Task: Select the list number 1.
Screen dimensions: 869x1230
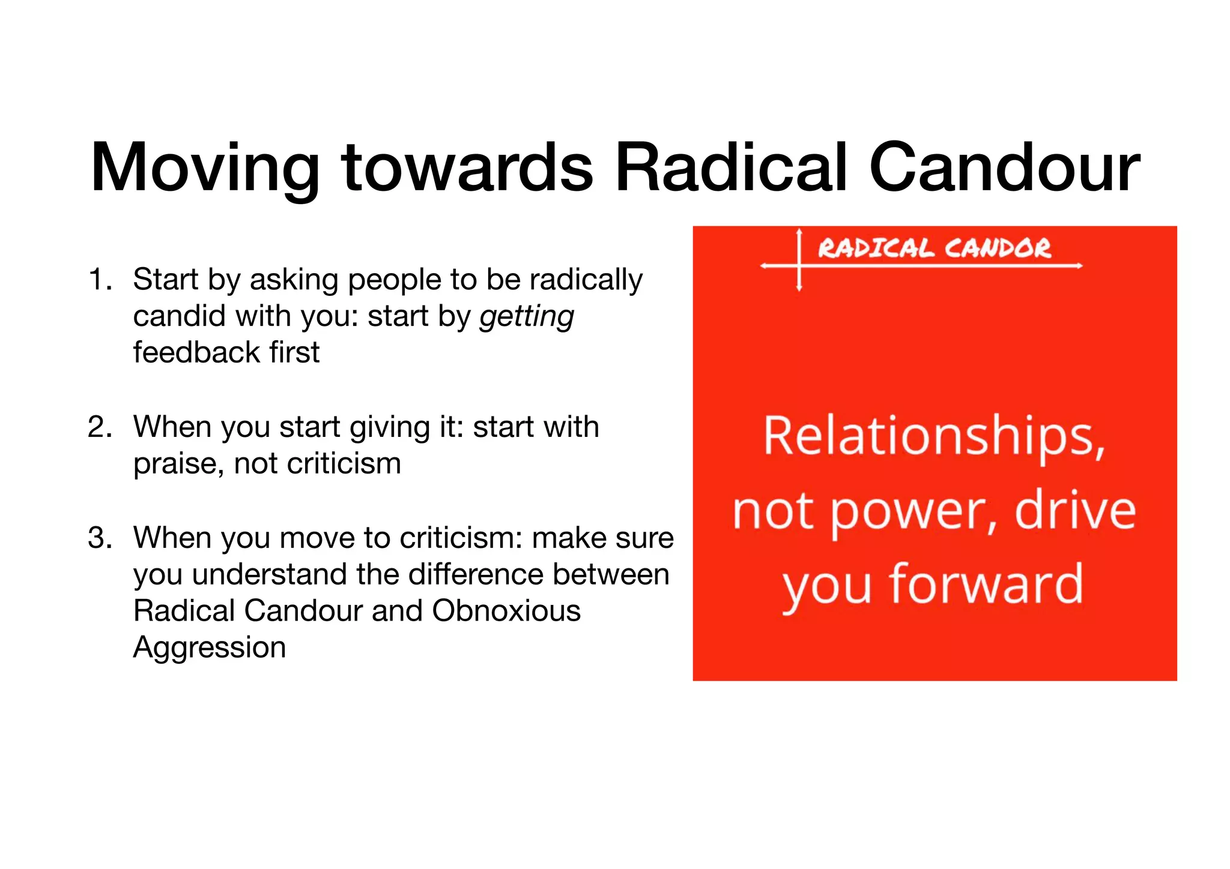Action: (99, 280)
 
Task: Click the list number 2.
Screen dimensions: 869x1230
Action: (99, 427)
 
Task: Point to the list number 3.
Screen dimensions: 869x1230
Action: (99, 538)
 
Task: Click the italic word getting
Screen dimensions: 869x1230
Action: (527, 317)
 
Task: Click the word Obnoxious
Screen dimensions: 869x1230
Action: (506, 611)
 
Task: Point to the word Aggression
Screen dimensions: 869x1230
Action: (210, 648)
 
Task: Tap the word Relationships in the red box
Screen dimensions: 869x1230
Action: (934, 437)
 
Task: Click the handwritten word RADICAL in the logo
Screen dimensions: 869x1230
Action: (876, 248)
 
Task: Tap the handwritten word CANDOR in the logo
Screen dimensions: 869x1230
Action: (998, 248)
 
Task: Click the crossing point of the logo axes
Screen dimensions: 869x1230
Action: (799, 265)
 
